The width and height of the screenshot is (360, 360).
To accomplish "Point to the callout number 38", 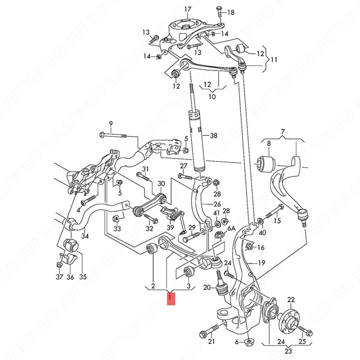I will click(x=213, y=135).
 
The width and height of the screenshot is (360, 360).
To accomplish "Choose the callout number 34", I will click(x=84, y=236).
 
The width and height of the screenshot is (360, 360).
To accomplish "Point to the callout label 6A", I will click(x=231, y=229).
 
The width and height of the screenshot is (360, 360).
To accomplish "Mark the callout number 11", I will click(x=274, y=59).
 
